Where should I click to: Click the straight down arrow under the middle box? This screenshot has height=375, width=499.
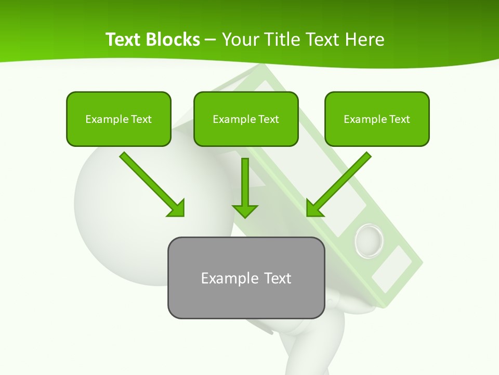pyautogui.click(x=245, y=187)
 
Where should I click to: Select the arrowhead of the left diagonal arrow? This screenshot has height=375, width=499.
pyautogui.click(x=177, y=208)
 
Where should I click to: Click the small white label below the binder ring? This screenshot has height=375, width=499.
pyautogui.click(x=391, y=269)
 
